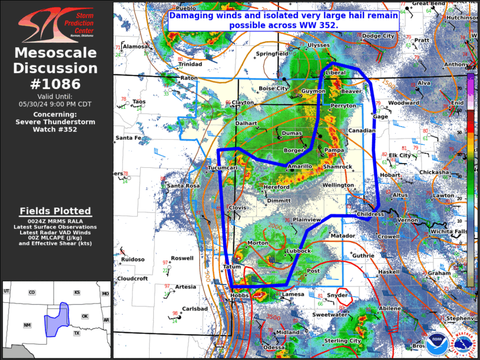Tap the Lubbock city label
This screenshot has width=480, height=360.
298,251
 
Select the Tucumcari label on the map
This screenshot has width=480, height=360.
222,168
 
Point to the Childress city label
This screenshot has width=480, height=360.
370,214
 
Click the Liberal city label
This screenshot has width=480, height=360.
336,72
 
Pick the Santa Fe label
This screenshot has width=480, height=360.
128,138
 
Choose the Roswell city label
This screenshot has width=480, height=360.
182,258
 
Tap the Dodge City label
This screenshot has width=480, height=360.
378,36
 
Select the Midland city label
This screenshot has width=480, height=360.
289,332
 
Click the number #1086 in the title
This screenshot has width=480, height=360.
56,84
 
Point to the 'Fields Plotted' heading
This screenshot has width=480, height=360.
55,211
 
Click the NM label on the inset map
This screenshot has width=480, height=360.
27,325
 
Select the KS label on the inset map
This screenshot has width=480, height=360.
77,293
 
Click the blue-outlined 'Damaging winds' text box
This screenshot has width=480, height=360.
284,21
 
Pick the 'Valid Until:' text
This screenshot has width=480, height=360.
57,96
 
